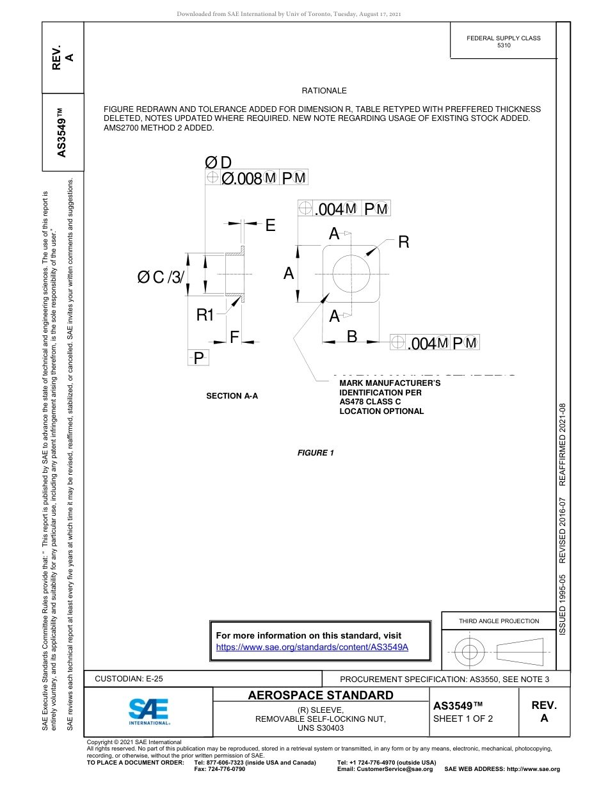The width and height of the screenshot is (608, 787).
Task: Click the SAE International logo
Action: click(148, 711)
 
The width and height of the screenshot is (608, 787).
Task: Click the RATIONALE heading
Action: click(324, 91)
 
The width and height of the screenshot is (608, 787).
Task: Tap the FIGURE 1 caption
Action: click(316, 453)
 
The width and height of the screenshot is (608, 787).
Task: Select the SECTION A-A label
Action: click(232, 396)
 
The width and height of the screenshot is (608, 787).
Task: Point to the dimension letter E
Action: click(270, 225)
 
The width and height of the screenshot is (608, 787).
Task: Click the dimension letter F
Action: click(234, 337)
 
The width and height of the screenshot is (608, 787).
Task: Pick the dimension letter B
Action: click(351, 336)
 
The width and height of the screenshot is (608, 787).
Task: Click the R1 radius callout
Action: click(205, 314)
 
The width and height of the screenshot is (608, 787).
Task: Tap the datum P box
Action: click(198, 358)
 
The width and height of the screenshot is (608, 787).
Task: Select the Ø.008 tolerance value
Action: click(241, 179)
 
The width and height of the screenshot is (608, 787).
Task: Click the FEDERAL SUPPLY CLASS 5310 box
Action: click(503, 42)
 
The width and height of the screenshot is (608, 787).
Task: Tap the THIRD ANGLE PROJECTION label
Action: click(499, 621)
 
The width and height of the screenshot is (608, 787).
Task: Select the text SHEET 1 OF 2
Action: click(463, 718)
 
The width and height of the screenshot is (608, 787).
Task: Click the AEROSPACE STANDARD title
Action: click(321, 696)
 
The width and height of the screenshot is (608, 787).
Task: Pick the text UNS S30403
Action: click(321, 728)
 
